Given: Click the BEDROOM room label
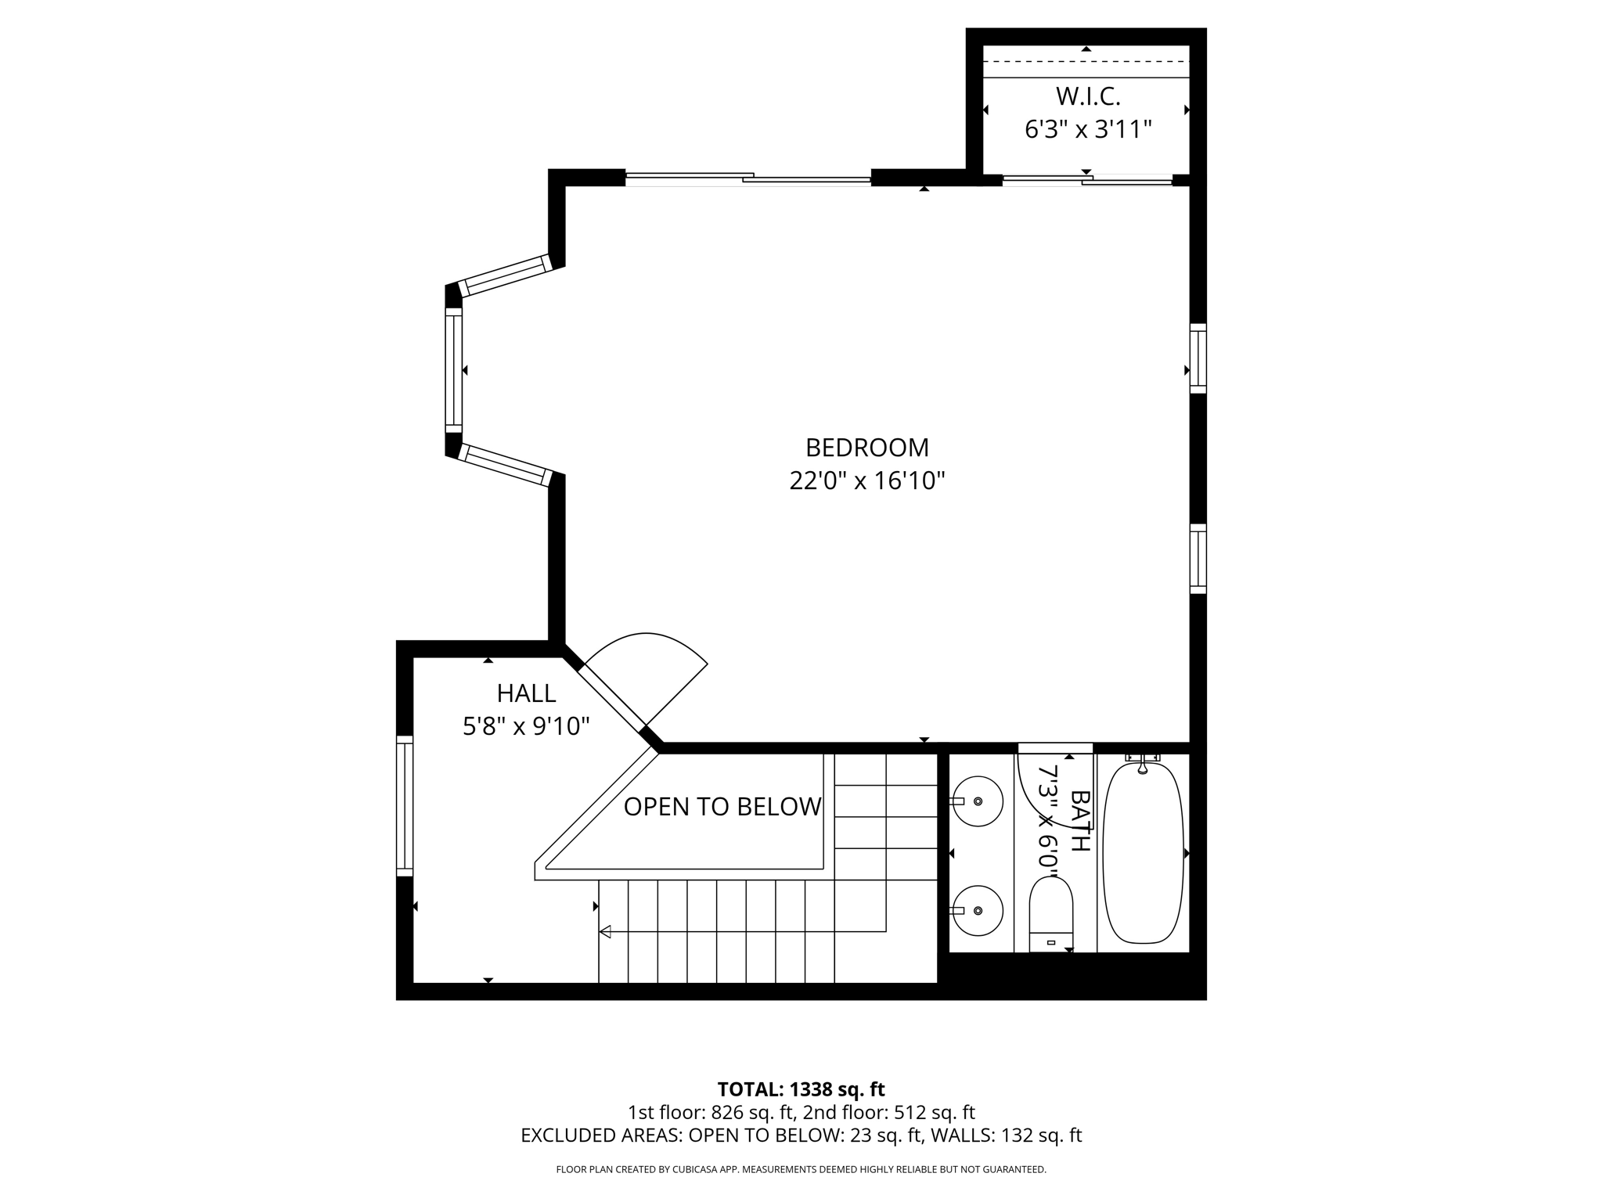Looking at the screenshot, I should click(866, 448).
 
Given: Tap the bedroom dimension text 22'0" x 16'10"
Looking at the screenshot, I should click(866, 480).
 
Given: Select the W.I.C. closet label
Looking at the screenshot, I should click(1088, 96).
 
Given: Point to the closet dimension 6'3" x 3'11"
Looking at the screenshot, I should click(1088, 129).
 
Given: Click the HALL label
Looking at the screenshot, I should click(526, 693).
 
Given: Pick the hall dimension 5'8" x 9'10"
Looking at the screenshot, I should click(526, 726).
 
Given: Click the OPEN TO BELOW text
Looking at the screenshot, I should click(722, 807).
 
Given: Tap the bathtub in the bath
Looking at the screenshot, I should click(1143, 853).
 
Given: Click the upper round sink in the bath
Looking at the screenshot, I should click(978, 801).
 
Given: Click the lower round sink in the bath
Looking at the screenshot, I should click(978, 910).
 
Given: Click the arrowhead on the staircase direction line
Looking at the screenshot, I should click(605, 931).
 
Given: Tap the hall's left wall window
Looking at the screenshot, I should click(404, 806).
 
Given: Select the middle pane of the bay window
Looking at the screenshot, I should click(454, 369).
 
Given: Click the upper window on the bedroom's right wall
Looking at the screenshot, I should click(1198, 358).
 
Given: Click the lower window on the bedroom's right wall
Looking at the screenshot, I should click(1198, 558).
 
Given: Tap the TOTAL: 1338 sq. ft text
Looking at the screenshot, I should click(801, 1089).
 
